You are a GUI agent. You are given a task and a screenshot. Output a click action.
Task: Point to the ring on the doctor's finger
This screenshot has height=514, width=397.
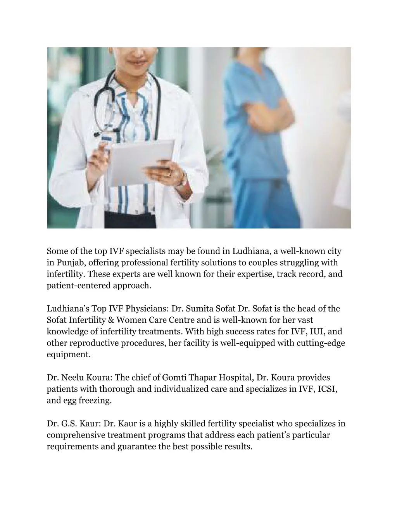[x=169, y=174]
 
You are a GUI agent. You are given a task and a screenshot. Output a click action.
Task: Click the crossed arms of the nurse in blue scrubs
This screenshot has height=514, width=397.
[x=268, y=112]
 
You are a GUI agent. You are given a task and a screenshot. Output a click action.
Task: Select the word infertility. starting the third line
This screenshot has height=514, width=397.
[x=66, y=274]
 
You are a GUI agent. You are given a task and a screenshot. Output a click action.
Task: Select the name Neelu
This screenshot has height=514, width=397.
[x=74, y=377]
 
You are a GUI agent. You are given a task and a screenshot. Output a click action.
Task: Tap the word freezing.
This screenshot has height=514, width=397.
[x=95, y=400]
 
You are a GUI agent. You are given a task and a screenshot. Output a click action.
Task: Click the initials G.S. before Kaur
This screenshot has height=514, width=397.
[x=70, y=424]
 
